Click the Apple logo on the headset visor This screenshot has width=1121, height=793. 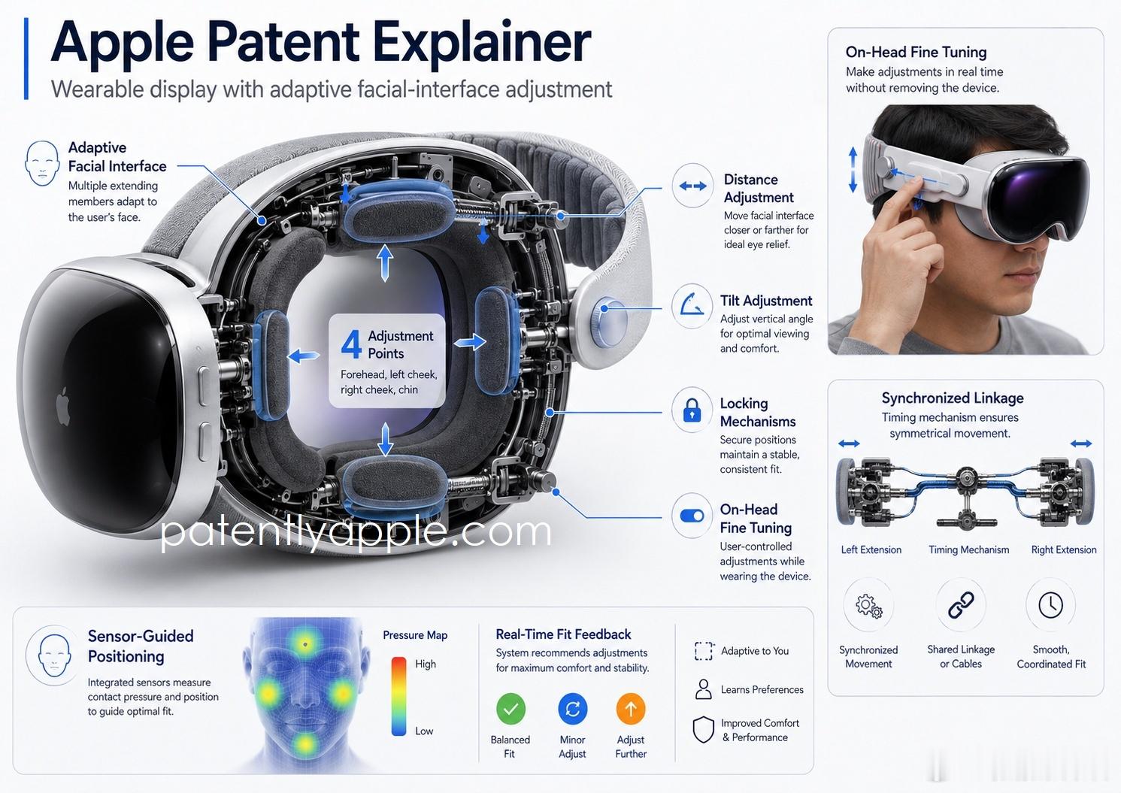coord(62,406)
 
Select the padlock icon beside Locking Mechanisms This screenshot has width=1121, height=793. coord(692,410)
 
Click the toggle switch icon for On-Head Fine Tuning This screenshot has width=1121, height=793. coord(692,516)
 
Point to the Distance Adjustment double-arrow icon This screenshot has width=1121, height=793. coord(692,186)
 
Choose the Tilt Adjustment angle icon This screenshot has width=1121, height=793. coord(692,305)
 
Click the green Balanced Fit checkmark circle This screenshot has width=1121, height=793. coord(511,709)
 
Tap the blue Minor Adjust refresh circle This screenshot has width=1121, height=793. coord(572,709)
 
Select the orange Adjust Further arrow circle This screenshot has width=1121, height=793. coord(631,709)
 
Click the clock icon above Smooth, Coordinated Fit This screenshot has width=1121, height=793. coord(1050,605)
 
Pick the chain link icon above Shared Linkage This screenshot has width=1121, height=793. coord(961,605)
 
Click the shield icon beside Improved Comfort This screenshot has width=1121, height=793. coord(703,729)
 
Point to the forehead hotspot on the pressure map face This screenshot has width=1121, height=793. coord(304,643)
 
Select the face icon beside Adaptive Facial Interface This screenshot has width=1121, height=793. coord(42,163)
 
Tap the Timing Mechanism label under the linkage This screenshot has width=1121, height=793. coord(969,549)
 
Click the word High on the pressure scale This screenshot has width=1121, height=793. coord(426,664)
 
